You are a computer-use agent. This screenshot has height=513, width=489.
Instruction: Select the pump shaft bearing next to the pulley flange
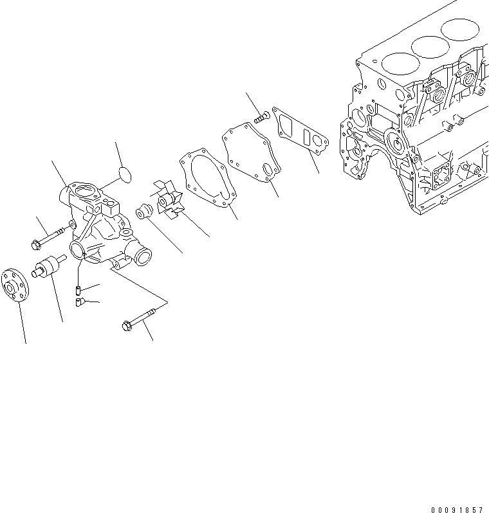49,267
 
